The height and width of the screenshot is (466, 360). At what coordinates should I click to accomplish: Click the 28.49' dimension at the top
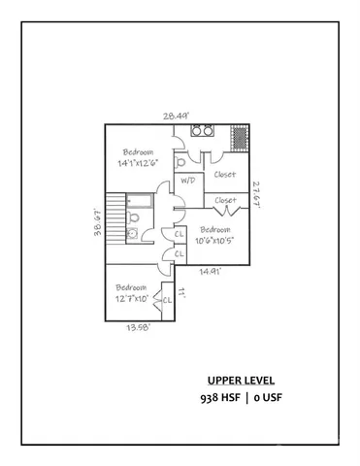coord(177,116)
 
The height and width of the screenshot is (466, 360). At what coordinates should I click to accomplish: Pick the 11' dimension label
coord(181,290)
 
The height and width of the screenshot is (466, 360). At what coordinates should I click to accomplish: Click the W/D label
coord(187,180)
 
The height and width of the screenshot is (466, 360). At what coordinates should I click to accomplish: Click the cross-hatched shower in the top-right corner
coord(239,137)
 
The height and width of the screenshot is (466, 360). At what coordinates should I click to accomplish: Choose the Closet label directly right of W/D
coord(225,175)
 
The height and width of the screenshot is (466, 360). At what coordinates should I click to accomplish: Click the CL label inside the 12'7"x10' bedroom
coord(166,299)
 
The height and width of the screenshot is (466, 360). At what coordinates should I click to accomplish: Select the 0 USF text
coord(272,398)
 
